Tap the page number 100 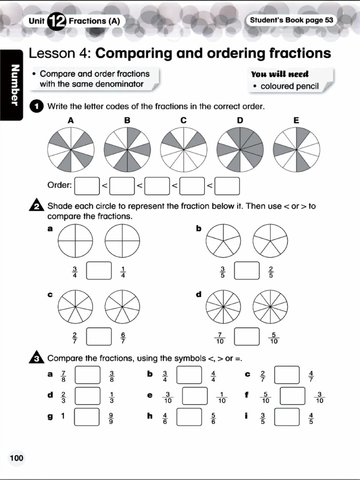pos(16,458)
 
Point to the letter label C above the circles pos(183,120)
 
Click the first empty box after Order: pos(87,186)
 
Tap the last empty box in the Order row pos(227,186)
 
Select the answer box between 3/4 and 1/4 pos(99,271)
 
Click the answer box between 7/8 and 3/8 pos(88,375)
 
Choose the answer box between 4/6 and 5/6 pos(189,417)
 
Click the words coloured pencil pos(289,86)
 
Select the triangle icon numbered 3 pos(37,359)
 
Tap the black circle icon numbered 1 pos(37,106)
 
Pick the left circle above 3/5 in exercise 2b pos(223,240)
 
